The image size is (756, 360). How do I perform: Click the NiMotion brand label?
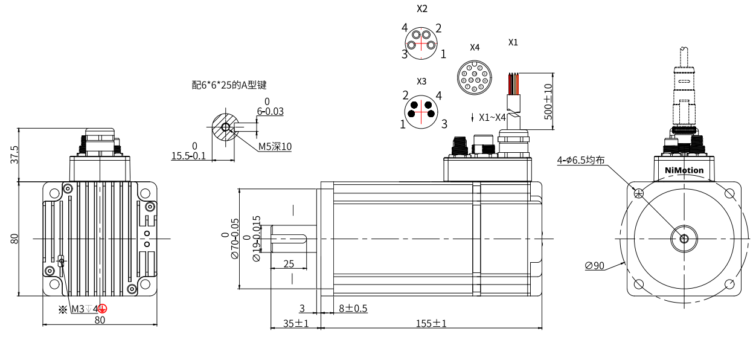(684, 170)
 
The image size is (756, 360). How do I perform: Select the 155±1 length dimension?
(431, 323)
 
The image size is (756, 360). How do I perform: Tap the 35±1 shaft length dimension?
(296, 323)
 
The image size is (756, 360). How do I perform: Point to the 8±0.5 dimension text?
(353, 309)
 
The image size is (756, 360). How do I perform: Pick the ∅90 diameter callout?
(595, 265)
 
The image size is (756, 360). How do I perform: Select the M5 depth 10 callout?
(275, 146)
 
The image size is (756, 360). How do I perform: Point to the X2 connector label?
(422, 9)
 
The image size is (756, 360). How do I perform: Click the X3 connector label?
(421, 81)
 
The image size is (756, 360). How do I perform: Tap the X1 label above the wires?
(513, 42)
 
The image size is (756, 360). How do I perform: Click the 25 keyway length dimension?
(289, 264)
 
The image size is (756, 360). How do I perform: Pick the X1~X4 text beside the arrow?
(492, 118)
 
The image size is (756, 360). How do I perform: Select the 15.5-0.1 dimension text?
(188, 156)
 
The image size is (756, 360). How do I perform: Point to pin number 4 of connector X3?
(438, 95)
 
